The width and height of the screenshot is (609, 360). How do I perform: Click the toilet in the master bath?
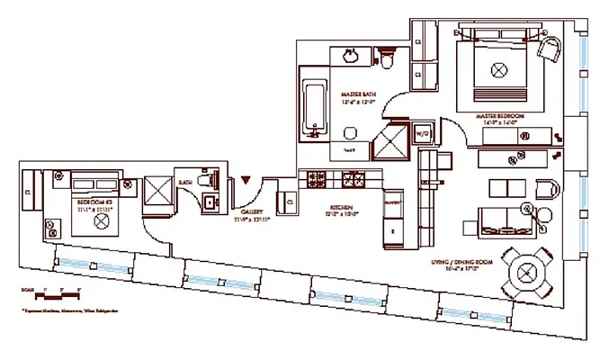point(387,61)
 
